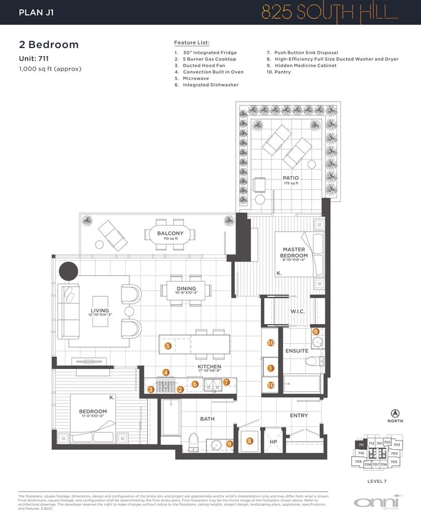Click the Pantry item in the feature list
tap(279, 72)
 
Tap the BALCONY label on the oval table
tap(170, 234)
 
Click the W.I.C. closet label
tap(298, 312)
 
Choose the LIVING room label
tap(100, 311)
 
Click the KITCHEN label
tap(209, 367)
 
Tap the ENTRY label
tap(299, 416)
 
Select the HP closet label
tap(273, 442)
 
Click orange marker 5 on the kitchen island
tap(168, 346)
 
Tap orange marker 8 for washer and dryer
tap(249, 441)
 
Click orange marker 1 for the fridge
tap(270, 368)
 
